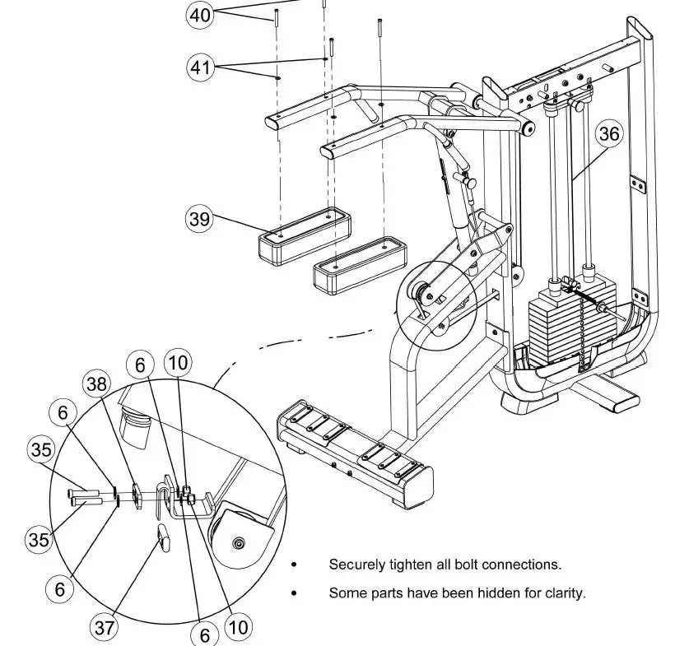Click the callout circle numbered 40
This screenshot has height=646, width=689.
pos(200,15)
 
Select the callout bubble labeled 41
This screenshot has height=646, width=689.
pos(200,67)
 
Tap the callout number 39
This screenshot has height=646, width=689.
pos(199,219)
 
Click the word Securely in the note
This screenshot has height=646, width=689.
pos(356,565)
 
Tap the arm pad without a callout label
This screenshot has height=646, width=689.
pos(359,265)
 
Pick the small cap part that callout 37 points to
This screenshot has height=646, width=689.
pos(162,537)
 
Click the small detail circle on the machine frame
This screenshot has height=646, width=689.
pos(435,301)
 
